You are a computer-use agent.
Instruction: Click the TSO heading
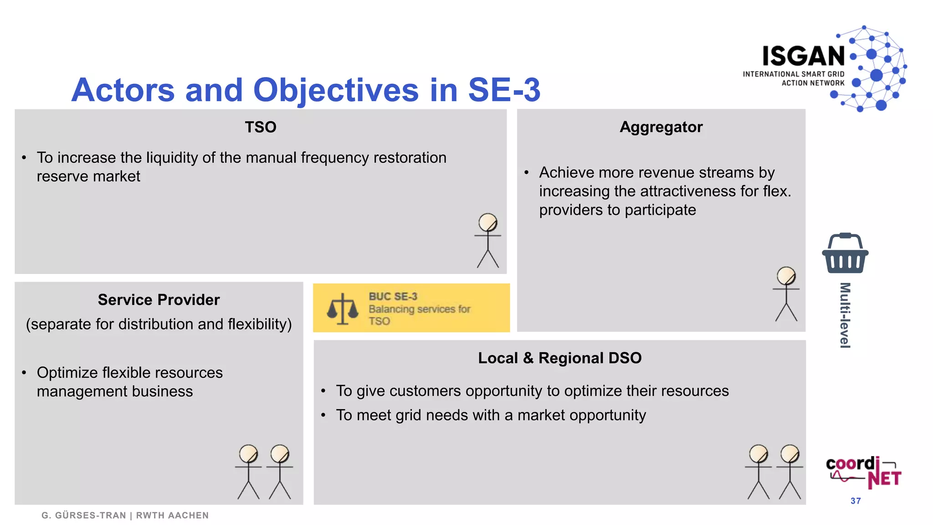(x=261, y=127)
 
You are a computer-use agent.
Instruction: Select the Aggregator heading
(x=661, y=127)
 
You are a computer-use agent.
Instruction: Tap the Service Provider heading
(x=159, y=300)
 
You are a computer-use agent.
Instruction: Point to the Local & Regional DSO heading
(x=559, y=358)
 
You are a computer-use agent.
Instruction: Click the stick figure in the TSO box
(x=488, y=241)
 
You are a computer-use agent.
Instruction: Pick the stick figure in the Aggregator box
(x=786, y=294)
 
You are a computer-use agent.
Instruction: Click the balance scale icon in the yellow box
(x=343, y=309)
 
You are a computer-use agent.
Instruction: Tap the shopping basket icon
(x=845, y=253)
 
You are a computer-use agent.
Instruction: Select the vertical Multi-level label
(x=845, y=315)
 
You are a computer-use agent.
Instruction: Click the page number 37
(x=856, y=501)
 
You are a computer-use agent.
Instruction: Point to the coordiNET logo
(x=863, y=472)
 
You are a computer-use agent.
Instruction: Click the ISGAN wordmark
(x=804, y=57)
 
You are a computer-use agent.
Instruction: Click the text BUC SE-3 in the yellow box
(x=393, y=297)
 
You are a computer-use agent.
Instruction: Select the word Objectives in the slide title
(x=336, y=90)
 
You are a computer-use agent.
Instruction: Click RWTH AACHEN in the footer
(x=172, y=515)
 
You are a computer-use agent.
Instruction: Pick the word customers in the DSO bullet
(x=422, y=391)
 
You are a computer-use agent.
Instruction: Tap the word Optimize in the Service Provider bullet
(x=67, y=373)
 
